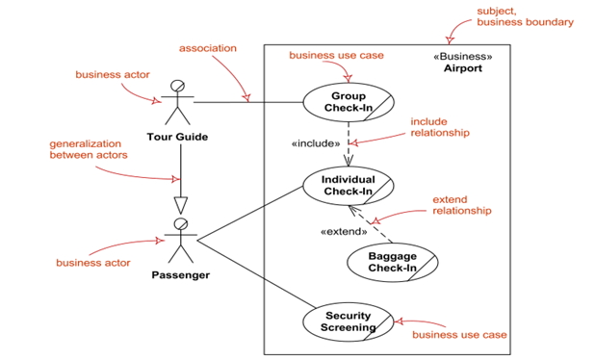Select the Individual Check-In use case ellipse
348,185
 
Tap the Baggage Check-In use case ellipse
392,261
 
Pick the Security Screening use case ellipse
348,321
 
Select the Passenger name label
180,275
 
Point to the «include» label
316,143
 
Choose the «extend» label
344,231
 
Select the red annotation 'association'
208,48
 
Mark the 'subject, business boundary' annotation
525,16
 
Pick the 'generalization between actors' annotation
89,149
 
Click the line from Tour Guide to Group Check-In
250,101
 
